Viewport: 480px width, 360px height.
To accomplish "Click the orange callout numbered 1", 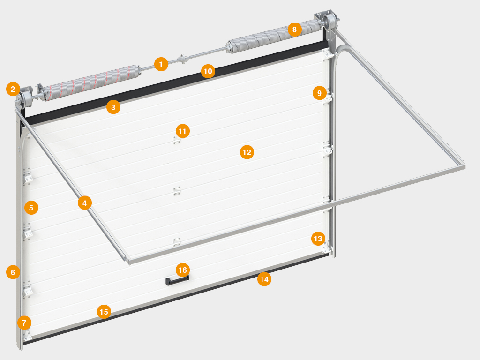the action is point(161,64).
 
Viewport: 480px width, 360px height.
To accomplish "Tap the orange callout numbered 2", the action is point(13,89).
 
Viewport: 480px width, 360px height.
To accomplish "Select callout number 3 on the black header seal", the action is point(113,107).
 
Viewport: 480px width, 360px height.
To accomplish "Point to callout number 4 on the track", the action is point(85,202).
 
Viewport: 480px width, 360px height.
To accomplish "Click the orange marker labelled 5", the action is point(31,208).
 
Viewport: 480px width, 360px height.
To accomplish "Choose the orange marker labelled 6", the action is point(13,272).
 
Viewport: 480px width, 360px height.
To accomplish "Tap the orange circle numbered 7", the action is point(24,322).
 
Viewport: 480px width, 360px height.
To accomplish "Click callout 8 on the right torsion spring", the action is point(294,30).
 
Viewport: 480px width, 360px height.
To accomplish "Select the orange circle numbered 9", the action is point(320,93).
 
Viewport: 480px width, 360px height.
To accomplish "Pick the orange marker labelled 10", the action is point(208,71).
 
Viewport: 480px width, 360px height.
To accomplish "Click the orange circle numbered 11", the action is point(182,131).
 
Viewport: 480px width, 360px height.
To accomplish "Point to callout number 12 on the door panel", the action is point(247,152).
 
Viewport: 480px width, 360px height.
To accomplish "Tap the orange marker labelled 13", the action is point(318,239).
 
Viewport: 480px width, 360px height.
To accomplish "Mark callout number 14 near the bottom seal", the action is point(264,279).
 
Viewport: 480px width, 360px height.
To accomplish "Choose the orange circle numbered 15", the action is point(104,312).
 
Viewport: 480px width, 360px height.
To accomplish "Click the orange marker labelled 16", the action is point(183,270).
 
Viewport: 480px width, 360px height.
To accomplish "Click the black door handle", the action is point(177,280).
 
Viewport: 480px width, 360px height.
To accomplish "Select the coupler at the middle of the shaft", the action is point(182,59).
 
